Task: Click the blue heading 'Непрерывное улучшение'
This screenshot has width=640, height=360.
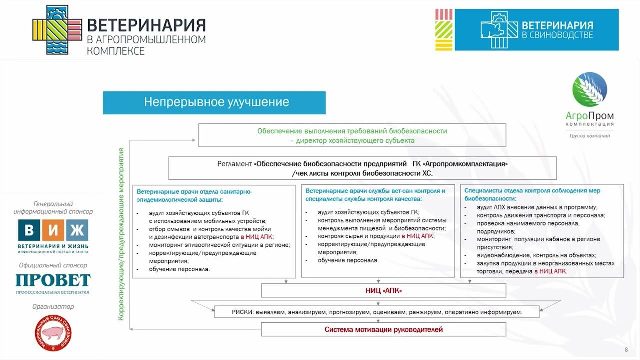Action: (216, 102)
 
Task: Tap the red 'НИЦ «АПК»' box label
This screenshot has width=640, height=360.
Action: (383, 291)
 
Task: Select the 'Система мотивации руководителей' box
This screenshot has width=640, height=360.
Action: (383, 329)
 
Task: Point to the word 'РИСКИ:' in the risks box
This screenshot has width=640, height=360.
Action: (243, 312)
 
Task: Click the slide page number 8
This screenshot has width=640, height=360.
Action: (626, 350)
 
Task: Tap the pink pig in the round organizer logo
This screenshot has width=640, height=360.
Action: (53, 333)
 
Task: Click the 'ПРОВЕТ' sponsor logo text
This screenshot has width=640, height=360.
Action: (53, 280)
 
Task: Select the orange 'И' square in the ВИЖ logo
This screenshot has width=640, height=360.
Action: (53, 230)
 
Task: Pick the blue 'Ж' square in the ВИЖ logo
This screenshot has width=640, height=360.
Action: (77, 230)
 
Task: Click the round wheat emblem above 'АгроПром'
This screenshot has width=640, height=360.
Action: (590, 89)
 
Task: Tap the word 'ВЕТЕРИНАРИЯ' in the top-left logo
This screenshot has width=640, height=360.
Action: (146, 25)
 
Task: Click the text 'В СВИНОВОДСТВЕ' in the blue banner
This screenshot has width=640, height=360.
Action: (557, 35)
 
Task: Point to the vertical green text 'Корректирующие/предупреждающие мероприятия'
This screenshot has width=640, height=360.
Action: (121, 234)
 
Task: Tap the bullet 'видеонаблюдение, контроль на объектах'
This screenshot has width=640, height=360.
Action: (537, 255)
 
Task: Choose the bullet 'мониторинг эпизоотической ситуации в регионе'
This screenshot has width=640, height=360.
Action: (219, 245)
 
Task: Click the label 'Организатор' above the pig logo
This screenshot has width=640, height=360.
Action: (53, 307)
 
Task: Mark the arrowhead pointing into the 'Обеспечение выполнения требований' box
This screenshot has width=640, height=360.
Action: (194, 140)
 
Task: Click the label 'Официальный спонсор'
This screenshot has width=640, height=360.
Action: (53, 265)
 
